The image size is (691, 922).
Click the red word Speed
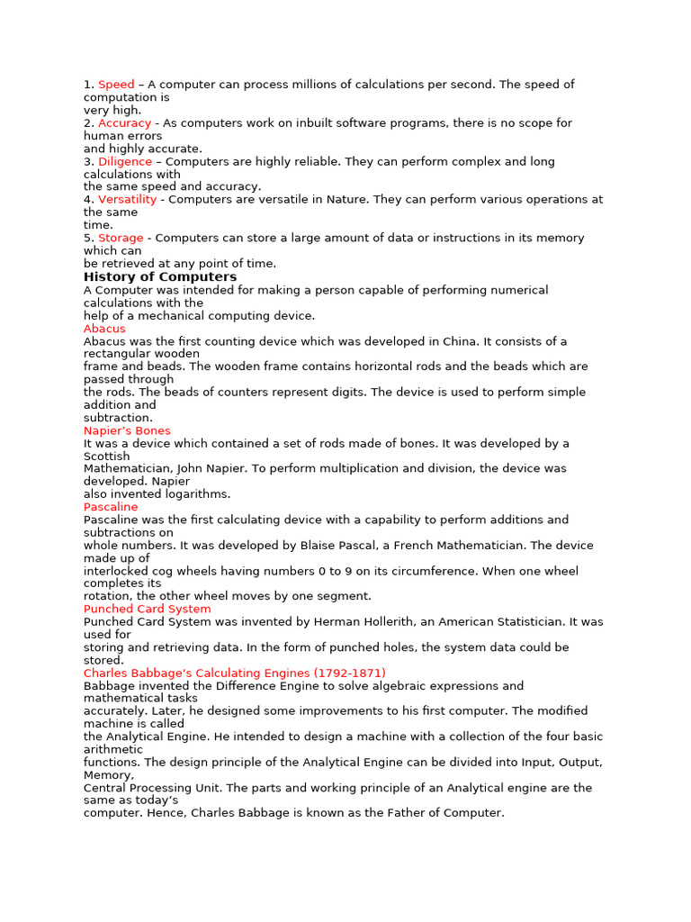point(116,85)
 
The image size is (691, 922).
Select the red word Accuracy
point(124,123)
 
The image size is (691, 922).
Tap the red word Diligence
point(125,162)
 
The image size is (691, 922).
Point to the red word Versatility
point(127,200)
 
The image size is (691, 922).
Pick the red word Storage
point(121,239)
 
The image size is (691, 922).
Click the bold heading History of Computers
point(160,277)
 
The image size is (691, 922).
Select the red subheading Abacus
point(104,329)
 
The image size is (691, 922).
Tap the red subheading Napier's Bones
point(127,431)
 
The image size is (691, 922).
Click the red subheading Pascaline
point(111,508)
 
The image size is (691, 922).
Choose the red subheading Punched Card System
point(148,610)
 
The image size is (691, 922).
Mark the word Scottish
point(106,456)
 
